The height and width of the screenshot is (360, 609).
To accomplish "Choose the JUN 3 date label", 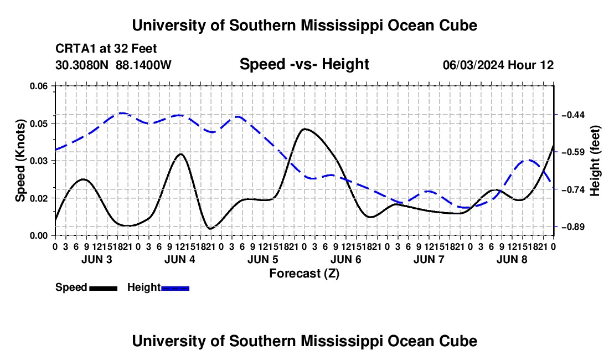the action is point(97,259).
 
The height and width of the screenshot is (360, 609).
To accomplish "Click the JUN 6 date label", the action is point(346,259).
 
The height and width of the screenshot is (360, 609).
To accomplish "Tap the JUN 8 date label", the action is point(512,259).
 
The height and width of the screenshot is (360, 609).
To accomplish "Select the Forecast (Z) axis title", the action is point(304,274).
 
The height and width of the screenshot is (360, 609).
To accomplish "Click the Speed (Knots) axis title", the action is point(20,161).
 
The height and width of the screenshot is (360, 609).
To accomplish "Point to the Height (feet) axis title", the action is point(595,161).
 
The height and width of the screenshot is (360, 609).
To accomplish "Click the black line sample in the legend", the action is point(104,289).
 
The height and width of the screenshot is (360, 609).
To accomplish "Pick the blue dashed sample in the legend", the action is point(175,289).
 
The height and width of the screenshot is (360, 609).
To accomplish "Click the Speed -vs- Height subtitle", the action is point(304,64).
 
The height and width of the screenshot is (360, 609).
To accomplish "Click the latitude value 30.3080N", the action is point(82,65).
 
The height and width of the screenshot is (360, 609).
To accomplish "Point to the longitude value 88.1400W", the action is point(143,65).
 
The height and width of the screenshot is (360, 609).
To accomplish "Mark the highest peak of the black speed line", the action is point(304,129).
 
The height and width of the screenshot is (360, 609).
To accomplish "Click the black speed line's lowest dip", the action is point(210,229).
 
